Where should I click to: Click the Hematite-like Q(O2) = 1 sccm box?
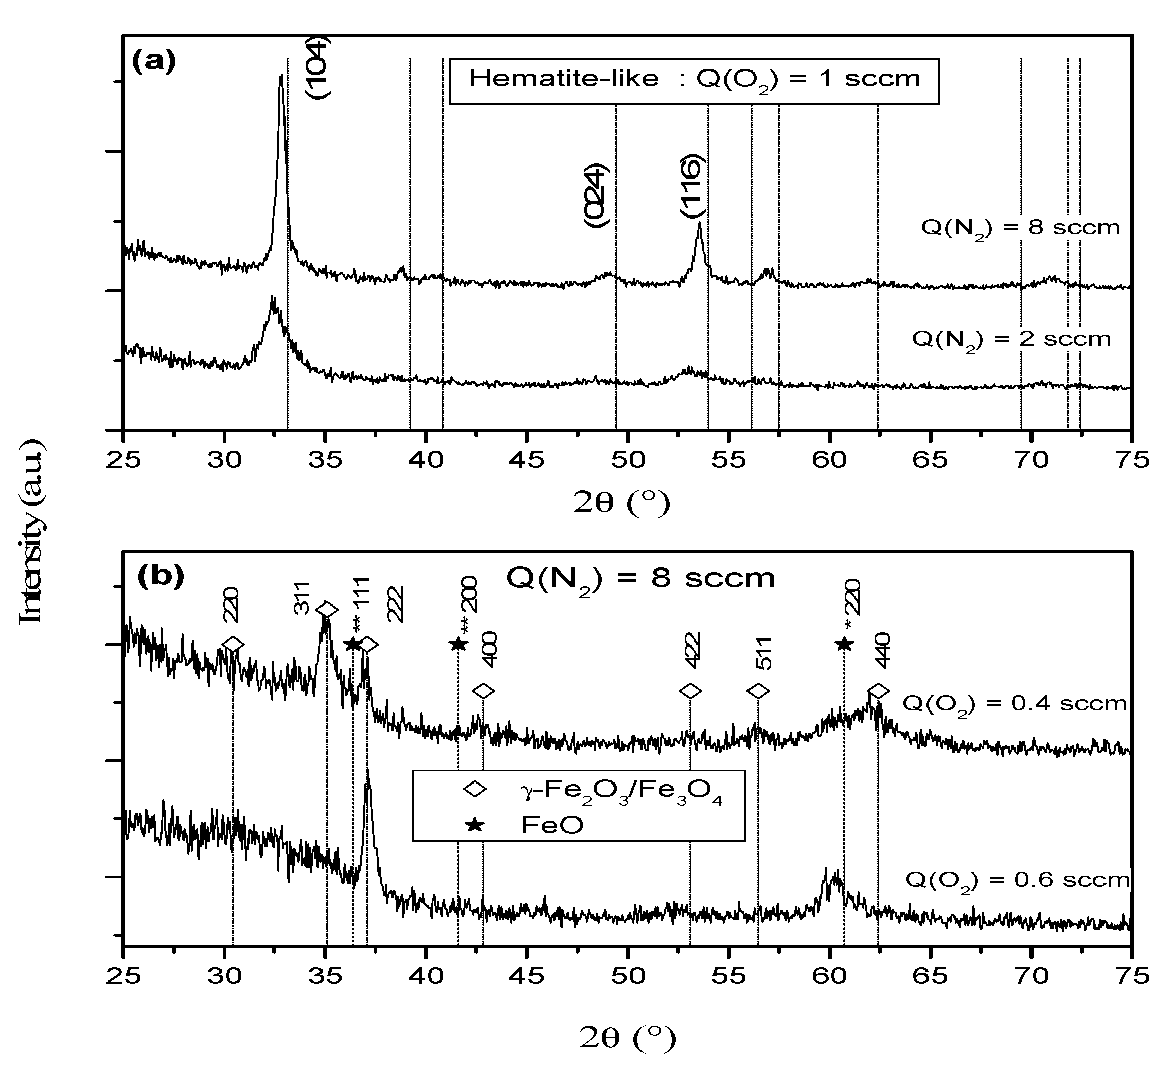pyautogui.click(x=694, y=81)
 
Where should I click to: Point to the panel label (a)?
pyautogui.click(x=154, y=61)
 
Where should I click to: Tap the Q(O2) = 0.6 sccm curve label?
pyautogui.click(x=1017, y=879)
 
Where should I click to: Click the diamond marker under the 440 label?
pyautogui.click(x=878, y=691)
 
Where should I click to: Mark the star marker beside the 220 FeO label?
pyautogui.click(x=844, y=644)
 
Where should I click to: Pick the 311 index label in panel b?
pyautogui.click(x=301, y=598)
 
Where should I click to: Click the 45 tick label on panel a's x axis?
pyautogui.click(x=527, y=460)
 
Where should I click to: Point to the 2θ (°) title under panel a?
pyautogui.click(x=621, y=503)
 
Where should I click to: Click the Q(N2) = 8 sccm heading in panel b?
pyautogui.click(x=640, y=579)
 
